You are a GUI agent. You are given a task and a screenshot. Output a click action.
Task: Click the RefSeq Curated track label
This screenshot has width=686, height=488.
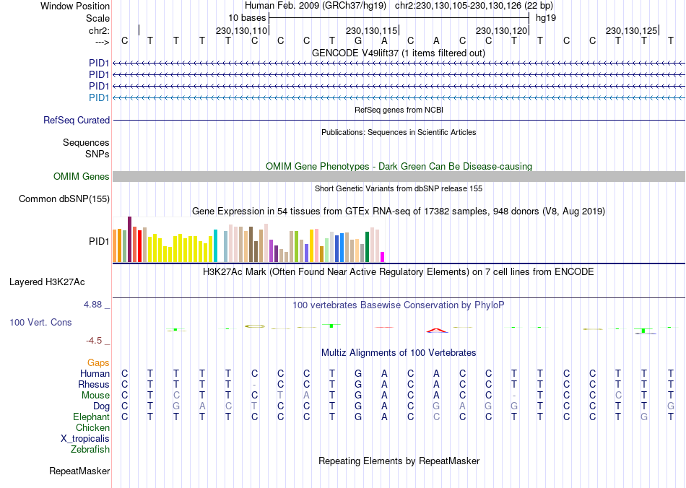77,121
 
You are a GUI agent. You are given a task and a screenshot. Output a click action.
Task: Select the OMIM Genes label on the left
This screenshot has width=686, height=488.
82,177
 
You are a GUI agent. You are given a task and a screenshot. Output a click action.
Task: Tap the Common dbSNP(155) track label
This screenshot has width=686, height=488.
64,199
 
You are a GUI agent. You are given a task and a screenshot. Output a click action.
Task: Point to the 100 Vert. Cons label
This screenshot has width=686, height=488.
40,322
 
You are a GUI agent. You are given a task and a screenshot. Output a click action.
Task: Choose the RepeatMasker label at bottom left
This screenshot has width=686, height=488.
79,471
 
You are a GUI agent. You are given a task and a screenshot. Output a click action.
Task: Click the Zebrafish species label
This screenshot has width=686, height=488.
90,450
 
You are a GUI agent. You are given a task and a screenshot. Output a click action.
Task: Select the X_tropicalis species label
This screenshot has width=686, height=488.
85,438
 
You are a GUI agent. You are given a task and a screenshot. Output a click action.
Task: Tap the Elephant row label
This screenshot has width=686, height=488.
91,417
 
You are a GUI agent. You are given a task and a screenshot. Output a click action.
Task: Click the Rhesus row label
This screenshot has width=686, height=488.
94,385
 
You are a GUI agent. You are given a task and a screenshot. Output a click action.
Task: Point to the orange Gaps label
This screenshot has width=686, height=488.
98,362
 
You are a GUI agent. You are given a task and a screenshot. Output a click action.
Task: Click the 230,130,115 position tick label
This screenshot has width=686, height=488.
372,31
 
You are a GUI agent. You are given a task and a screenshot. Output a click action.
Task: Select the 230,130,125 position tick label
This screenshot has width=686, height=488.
632,31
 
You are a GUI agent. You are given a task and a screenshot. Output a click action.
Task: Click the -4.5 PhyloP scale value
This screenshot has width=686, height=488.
97,341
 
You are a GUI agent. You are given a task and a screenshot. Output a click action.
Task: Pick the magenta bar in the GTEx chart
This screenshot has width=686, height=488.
383,256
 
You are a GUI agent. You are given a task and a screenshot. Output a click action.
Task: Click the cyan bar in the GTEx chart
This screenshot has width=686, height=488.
216,246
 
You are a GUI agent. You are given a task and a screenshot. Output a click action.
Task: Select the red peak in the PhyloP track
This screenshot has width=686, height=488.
436,330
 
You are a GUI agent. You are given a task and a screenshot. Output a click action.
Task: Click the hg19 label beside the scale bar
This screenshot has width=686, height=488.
546,17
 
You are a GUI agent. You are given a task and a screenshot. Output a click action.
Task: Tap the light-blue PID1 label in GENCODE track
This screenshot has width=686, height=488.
99,97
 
